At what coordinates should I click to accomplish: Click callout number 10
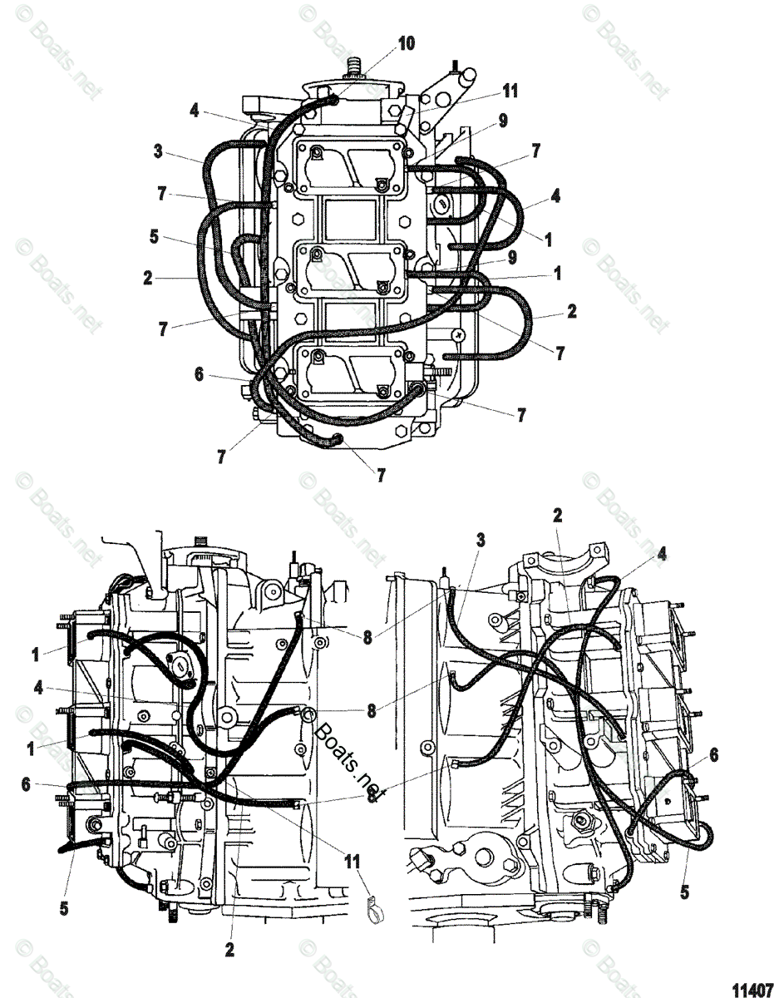pyautogui.click(x=406, y=43)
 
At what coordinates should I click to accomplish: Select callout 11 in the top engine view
pyautogui.click(x=510, y=91)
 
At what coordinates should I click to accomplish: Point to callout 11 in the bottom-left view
pyautogui.click(x=355, y=859)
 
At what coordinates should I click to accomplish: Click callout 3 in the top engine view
pyautogui.click(x=158, y=152)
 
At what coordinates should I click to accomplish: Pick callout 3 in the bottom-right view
pyautogui.click(x=480, y=540)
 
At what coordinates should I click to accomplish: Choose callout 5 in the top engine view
pyautogui.click(x=154, y=235)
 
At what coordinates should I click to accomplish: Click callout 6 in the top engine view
pyautogui.click(x=199, y=375)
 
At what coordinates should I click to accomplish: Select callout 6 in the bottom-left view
pyautogui.click(x=26, y=783)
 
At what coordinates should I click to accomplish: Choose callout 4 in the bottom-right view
pyautogui.click(x=662, y=552)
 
